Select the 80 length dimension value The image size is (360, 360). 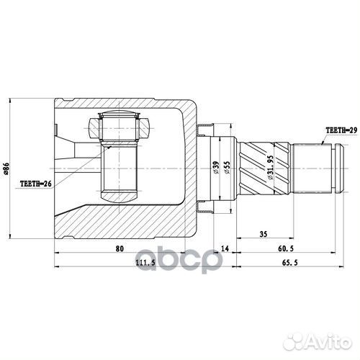tap(120, 249)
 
